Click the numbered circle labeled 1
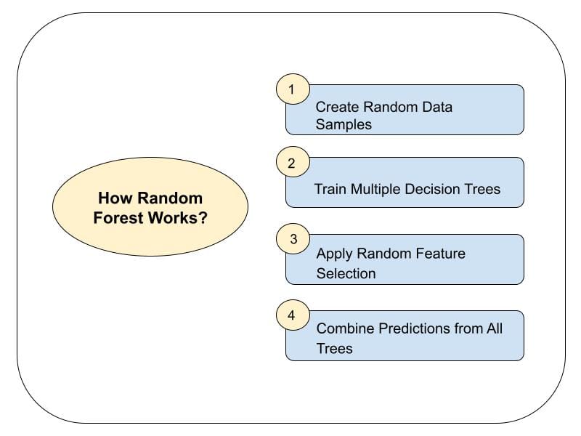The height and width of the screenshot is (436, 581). [293, 90]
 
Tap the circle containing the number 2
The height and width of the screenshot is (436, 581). [293, 163]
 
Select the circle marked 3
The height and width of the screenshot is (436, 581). [293, 239]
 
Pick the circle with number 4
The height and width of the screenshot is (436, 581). [293, 315]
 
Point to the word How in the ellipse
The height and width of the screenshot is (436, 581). [115, 198]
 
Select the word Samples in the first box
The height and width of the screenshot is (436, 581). [344, 124]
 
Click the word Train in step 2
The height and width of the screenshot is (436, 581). [330, 189]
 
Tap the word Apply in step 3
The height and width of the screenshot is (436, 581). [334, 254]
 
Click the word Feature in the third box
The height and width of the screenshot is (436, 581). [440, 254]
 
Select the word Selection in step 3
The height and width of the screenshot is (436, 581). [346, 273]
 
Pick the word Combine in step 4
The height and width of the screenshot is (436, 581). [344, 328]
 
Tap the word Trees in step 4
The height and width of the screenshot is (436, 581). [334, 348]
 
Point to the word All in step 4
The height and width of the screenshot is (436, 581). [495, 328]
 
